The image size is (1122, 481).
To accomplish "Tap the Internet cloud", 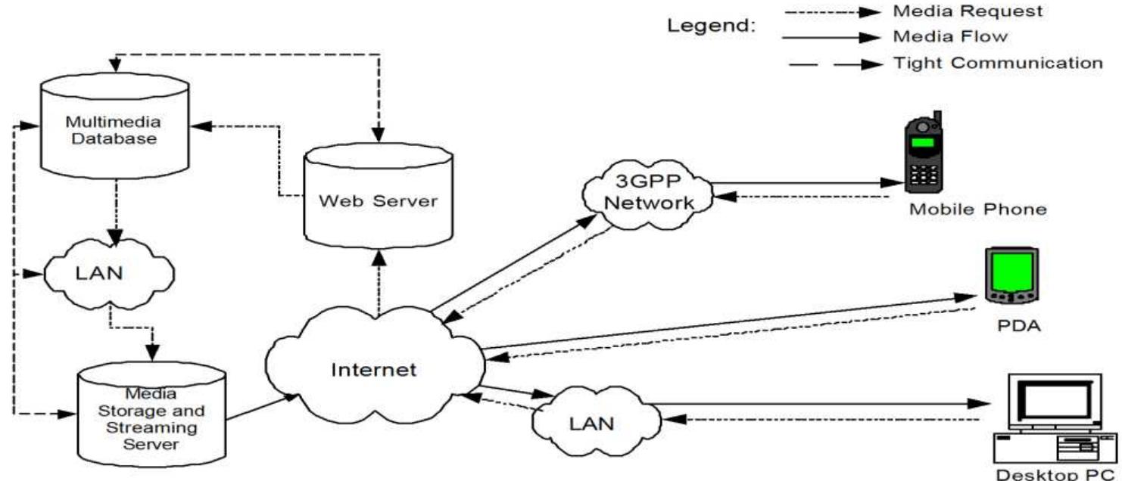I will (374, 369).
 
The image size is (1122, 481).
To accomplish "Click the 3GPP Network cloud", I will (648, 194).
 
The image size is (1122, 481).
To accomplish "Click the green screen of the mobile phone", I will (924, 144).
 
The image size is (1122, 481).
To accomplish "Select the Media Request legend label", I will (957, 11).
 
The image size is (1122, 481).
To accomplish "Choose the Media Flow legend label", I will (950, 36).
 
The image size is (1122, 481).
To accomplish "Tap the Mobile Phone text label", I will (978, 209).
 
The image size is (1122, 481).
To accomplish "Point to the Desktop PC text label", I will (1057, 475).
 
